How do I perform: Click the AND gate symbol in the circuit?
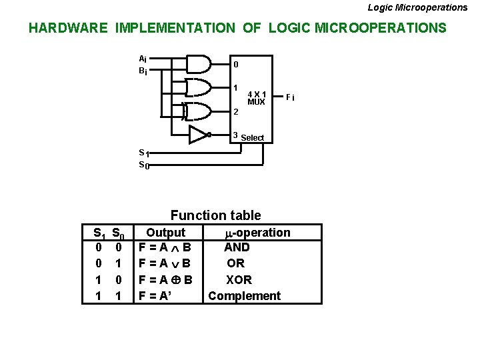[198, 63]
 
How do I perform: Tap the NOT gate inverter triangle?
[198, 135]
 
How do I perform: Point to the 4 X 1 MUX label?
[256, 98]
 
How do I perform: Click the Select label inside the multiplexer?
[253, 138]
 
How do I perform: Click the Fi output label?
[289, 98]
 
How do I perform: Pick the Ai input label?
[143, 58]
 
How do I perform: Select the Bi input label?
[143, 70]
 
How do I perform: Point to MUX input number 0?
[235, 65]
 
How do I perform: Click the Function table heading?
[215, 215]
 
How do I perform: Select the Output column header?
[165, 233]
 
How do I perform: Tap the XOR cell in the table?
[238, 280]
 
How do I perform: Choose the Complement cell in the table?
[244, 296]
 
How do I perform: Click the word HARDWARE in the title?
[68, 28]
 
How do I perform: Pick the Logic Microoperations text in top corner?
[417, 7]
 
